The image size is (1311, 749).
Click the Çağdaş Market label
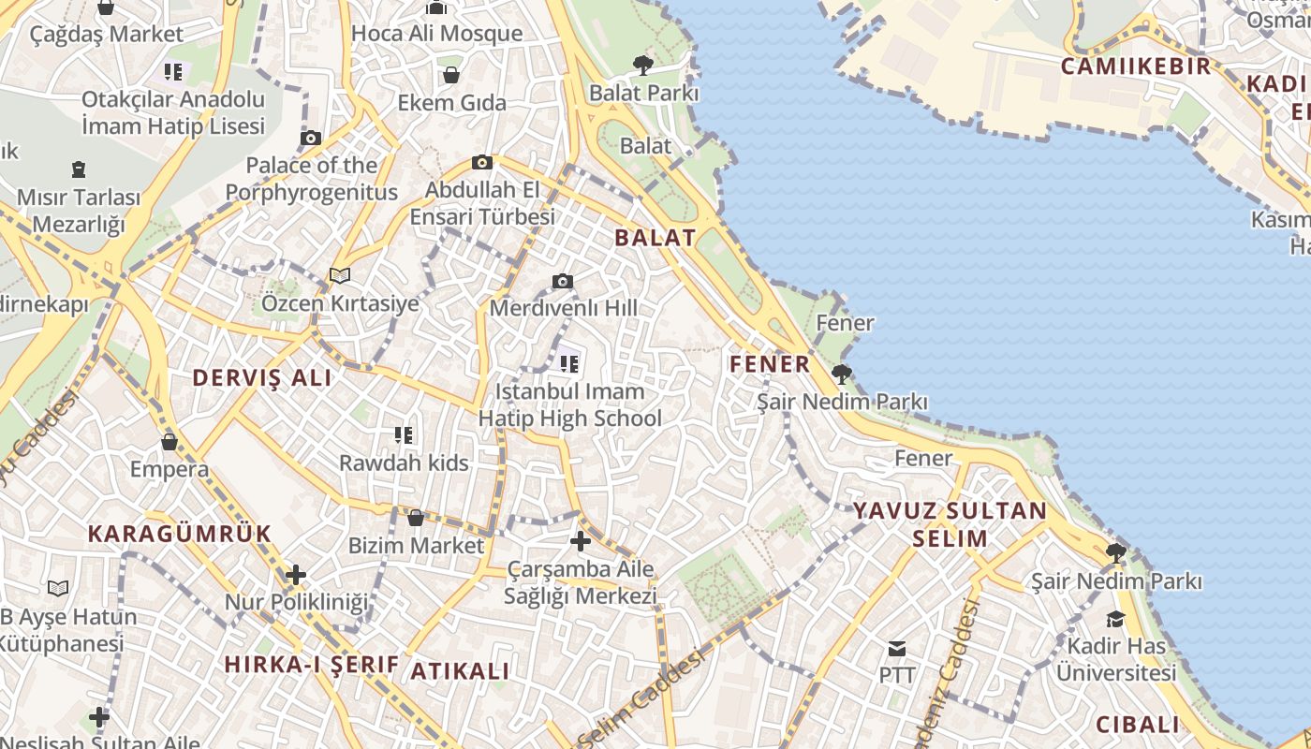[x=106, y=34]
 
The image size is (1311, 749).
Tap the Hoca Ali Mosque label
[x=436, y=33]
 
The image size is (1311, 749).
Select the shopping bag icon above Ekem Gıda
[x=451, y=74]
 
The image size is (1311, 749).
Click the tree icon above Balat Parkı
[x=642, y=65]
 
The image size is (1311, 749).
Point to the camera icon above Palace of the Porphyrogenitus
[x=311, y=139]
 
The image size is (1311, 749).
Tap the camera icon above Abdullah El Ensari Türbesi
[x=482, y=162]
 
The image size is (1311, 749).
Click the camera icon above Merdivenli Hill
[x=563, y=281]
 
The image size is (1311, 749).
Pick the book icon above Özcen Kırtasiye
[x=340, y=275]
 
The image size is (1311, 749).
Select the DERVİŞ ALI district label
[x=262, y=378]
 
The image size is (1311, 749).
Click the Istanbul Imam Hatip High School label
[x=570, y=404]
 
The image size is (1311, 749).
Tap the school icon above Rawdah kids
[x=404, y=434]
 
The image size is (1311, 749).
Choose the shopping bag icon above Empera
[x=169, y=441]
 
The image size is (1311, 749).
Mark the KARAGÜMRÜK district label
[x=180, y=534]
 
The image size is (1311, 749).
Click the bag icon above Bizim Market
[x=416, y=518]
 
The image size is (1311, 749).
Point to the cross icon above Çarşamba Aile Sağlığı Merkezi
[x=581, y=540]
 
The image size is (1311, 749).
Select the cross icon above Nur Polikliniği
[x=296, y=574]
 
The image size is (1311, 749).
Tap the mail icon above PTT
[x=897, y=648]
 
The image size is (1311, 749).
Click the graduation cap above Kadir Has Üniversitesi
[x=1115, y=619]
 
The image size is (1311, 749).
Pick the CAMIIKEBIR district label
[x=1136, y=66]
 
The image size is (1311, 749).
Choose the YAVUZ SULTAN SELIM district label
[x=950, y=524]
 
